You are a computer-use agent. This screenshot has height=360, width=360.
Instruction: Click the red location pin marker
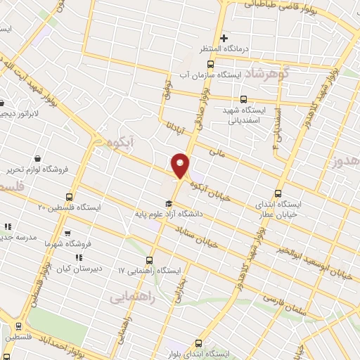coord(180,165)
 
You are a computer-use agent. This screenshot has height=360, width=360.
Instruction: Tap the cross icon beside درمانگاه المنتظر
coord(224,37)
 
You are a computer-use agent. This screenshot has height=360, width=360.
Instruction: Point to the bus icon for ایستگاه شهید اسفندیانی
coord(244,99)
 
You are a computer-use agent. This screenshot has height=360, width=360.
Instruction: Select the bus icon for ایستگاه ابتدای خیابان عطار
coord(278,193)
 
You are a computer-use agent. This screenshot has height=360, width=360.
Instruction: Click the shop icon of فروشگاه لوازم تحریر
coord(37,158)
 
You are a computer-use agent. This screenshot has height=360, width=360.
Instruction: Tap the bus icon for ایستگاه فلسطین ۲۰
coord(69,197)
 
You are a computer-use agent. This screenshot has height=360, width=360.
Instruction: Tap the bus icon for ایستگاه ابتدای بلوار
coord(198,344)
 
